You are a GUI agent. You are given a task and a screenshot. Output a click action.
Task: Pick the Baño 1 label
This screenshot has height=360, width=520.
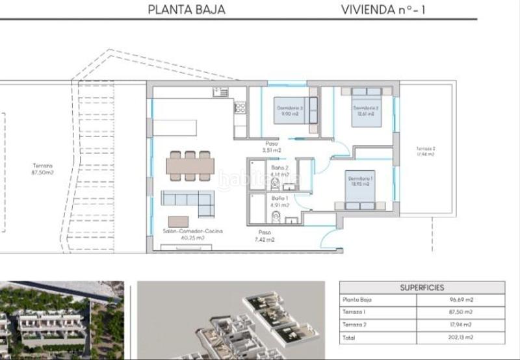pos(280,198)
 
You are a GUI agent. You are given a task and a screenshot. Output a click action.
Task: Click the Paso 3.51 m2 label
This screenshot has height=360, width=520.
pos(272,147)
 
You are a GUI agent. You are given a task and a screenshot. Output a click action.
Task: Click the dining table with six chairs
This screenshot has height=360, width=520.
pos(188,165)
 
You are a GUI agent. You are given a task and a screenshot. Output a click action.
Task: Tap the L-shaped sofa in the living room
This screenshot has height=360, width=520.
pos(188,201)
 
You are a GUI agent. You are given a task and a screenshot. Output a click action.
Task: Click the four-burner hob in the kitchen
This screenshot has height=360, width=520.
pos(239,109)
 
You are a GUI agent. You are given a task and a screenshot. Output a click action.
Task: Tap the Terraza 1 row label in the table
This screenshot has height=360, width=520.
pos(355,313)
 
